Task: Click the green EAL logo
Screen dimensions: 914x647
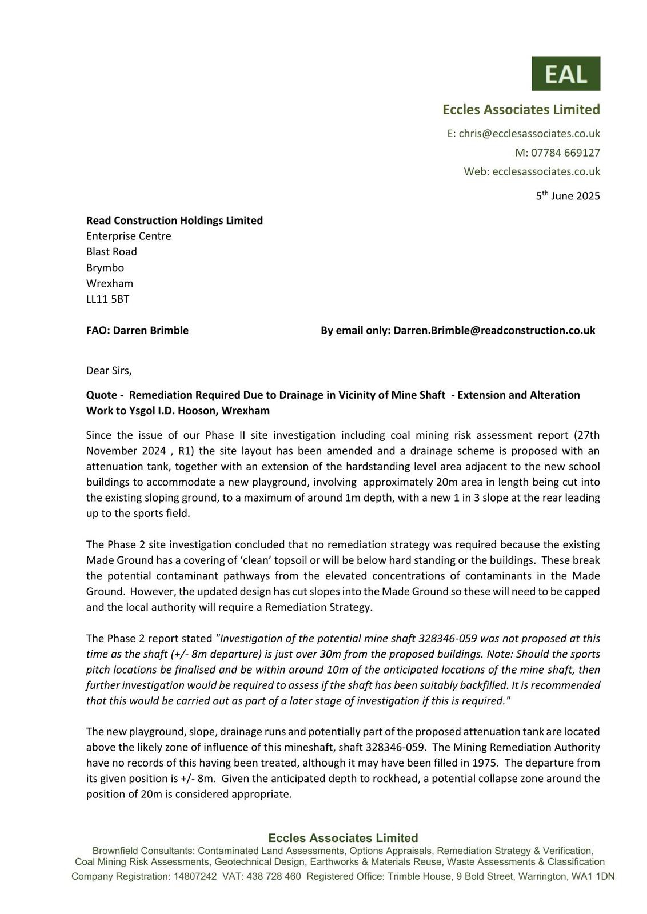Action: point(565,73)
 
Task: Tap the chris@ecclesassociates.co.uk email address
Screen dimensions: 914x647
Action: point(529,134)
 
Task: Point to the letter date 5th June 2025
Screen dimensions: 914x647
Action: point(568,196)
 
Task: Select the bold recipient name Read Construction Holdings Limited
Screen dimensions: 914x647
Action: point(174,221)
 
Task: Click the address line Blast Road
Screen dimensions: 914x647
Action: point(111,252)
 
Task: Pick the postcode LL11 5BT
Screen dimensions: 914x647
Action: point(107,299)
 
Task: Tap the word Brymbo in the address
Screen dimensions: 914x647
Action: point(105,267)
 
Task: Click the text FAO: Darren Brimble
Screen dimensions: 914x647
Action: point(137,330)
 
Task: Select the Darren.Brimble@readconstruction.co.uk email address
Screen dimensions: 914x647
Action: point(494,330)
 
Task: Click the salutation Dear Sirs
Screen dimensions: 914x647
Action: point(109,370)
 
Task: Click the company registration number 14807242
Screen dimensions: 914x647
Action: point(195,876)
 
